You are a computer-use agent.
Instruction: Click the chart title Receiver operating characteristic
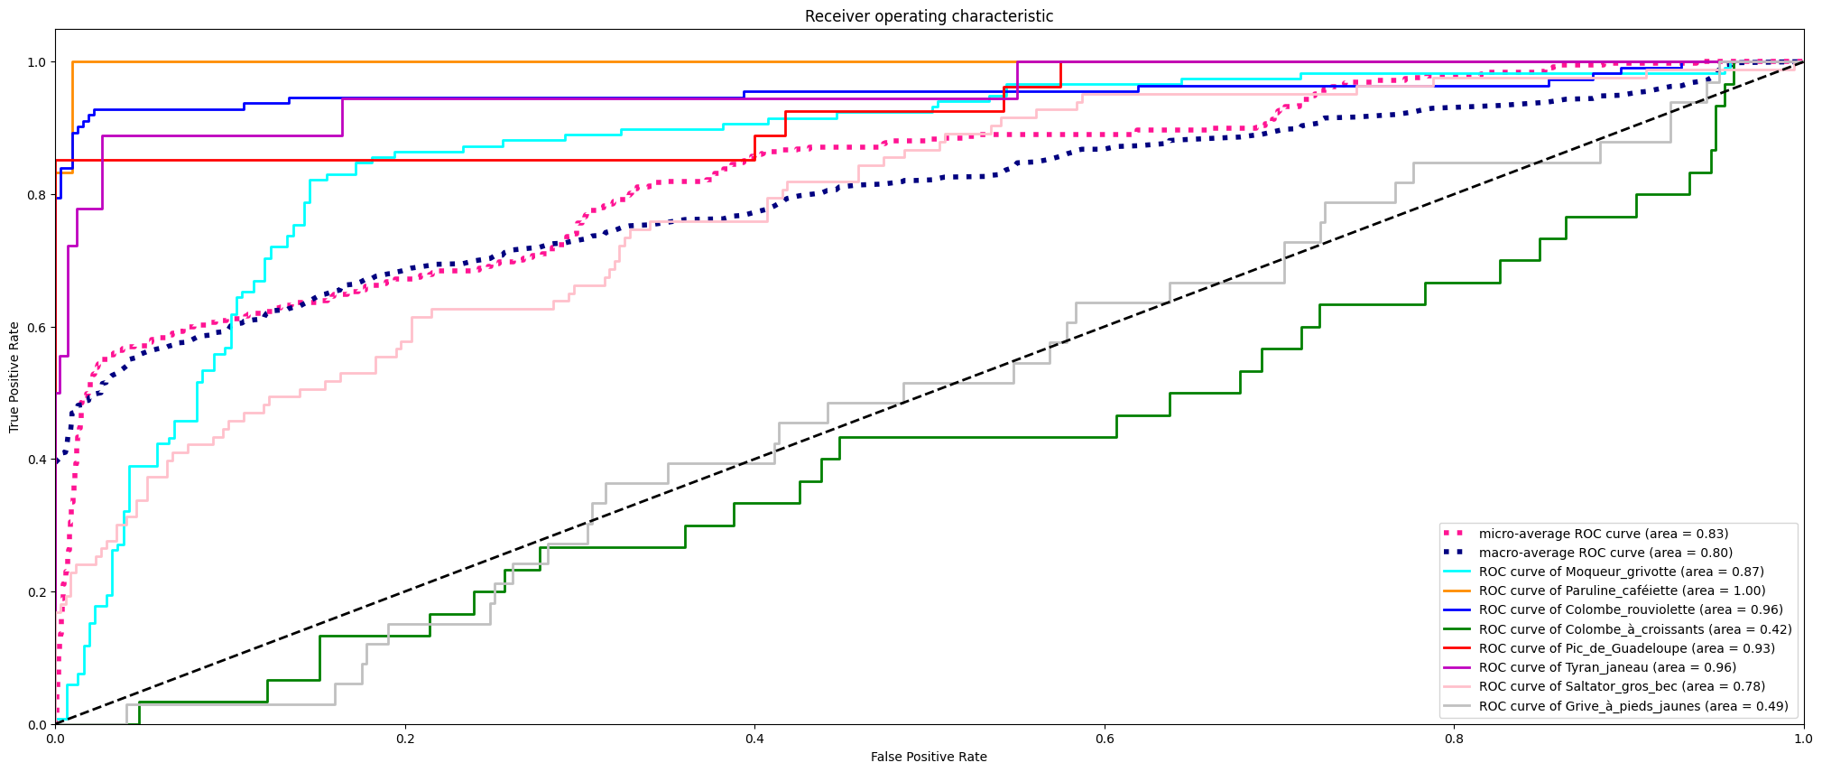coord(929,16)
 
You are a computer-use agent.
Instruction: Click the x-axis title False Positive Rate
coord(929,757)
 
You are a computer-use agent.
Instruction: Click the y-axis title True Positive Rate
coord(14,377)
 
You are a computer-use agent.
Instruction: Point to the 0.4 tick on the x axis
coord(754,725)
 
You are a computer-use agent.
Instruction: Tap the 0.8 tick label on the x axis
coord(1454,739)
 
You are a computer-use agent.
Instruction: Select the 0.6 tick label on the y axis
coord(36,328)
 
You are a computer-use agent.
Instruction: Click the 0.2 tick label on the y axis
coord(36,592)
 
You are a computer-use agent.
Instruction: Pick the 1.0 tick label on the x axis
coord(1803,739)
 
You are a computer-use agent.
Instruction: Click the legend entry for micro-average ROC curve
coord(1603,534)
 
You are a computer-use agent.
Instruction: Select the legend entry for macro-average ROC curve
coord(1605,553)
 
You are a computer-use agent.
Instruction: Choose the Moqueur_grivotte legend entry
coord(1621,572)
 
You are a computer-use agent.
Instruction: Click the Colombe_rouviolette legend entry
coord(1630,609)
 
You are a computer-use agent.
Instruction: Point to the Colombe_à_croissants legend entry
coord(1634,629)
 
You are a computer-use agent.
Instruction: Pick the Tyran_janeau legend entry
coord(1606,667)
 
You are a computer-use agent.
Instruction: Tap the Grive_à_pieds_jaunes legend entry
coord(1632,706)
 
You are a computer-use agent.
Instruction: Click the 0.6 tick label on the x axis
coord(1104,739)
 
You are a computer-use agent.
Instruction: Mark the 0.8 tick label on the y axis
coord(36,195)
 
